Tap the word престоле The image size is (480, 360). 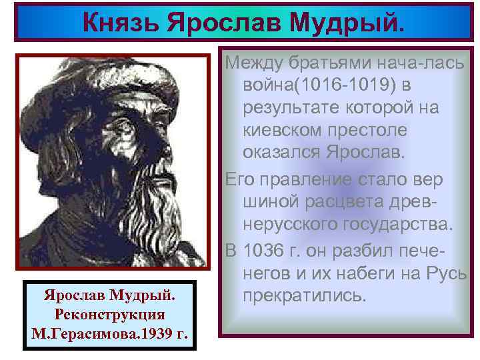[383, 129]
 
